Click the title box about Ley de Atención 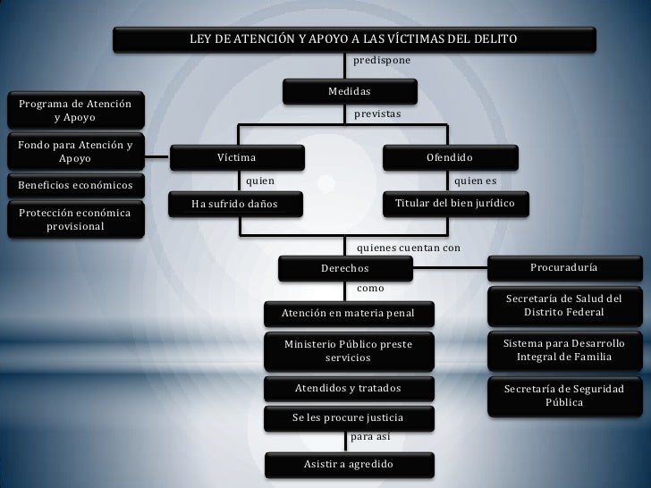tap(353, 39)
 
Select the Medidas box tap(350, 92)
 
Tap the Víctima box tap(236, 157)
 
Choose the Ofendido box tap(450, 157)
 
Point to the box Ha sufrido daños tap(235, 204)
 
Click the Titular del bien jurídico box tap(455, 203)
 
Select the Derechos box tap(345, 268)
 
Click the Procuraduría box tap(564, 267)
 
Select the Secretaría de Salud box tap(564, 305)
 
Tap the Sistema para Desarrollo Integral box tap(564, 350)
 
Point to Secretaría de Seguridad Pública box tap(564, 396)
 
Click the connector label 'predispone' tap(383, 61)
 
